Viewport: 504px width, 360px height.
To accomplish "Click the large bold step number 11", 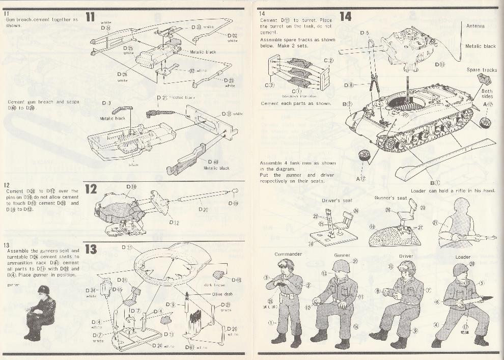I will pos(90,17).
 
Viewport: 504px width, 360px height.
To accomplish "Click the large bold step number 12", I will pos(91,189).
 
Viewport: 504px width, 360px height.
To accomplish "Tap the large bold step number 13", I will pos(91,249).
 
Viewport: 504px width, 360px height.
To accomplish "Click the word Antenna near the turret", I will pos(475,25).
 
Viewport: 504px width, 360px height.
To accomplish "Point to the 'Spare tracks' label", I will pos(481,70).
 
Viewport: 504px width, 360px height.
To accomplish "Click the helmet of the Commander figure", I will pos(286,265).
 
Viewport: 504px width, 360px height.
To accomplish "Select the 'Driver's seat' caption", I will pos(337,201).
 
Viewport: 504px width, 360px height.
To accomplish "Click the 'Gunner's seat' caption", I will pos(390,198).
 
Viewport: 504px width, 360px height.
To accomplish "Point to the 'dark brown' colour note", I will pos(214,285).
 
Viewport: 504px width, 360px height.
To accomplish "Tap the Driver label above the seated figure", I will pos(406,256).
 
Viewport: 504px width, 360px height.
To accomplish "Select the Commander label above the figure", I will pos(288,254).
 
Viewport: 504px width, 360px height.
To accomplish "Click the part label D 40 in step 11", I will pos(214,162).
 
